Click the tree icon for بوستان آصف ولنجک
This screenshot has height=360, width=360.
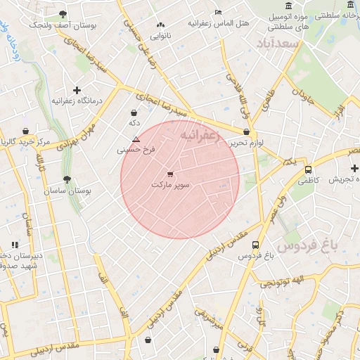point(63,14)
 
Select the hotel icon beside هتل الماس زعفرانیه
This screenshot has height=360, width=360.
point(218,12)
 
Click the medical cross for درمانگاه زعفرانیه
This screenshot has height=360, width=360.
point(77,90)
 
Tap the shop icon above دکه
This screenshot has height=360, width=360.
point(134,112)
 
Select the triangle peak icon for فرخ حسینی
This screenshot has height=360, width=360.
point(136,140)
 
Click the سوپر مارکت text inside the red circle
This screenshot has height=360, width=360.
point(170,184)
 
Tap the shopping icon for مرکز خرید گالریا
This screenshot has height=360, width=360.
point(25,131)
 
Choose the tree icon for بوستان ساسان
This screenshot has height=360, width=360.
point(67,180)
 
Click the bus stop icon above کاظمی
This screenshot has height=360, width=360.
point(308,169)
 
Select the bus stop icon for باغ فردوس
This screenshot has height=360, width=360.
point(255,245)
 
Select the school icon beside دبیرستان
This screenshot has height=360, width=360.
point(14,245)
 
